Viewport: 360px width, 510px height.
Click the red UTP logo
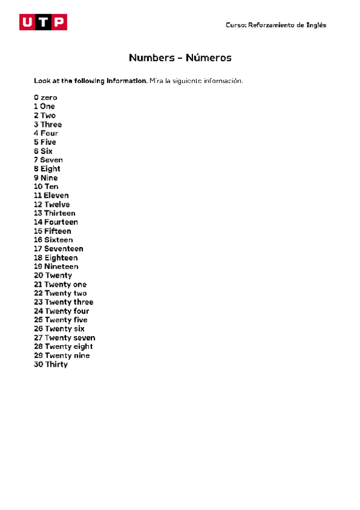43,22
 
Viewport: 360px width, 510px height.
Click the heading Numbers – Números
180,58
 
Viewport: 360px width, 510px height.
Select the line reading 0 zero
46,97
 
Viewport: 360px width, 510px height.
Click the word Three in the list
51,124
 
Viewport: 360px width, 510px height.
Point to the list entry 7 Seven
48,160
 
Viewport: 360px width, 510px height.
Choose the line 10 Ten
46,186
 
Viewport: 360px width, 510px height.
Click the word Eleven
56,195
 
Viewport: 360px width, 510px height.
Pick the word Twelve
57,204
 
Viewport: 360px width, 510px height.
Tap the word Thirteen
59,214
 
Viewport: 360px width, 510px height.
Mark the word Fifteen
58,231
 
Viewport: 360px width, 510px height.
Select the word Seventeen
64,249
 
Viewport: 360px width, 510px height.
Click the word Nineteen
61,266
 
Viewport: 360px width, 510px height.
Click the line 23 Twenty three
64,302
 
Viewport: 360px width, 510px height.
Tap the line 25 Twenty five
61,320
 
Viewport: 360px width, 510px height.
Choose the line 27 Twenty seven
64,338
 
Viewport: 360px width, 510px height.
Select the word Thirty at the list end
56,364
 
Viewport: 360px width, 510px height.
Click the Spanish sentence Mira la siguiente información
196,81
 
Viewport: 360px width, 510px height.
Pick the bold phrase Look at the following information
90,81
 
